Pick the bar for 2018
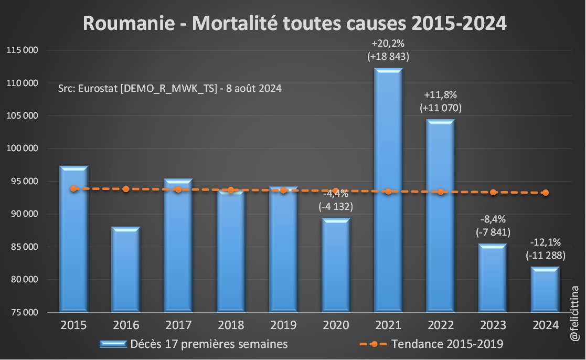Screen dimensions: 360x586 231,252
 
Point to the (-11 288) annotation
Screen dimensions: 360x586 546,256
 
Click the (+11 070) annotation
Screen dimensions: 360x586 441,109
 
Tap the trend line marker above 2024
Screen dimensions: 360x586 546,193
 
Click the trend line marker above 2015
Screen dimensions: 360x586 73,188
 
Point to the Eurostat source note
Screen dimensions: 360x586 170,89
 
